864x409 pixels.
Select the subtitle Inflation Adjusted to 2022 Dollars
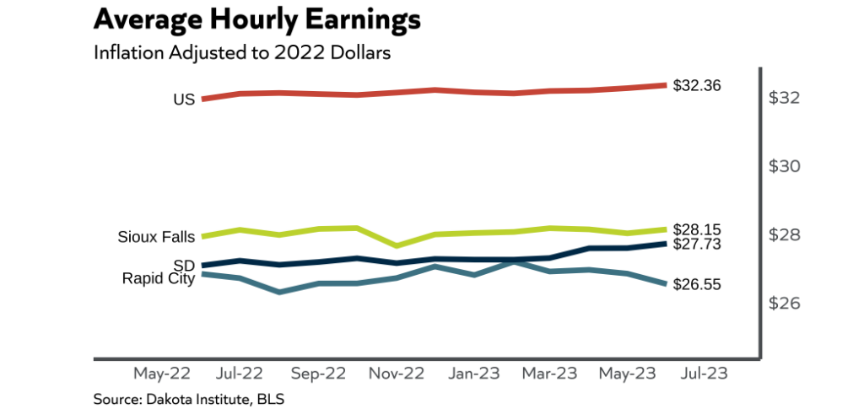tap(243, 52)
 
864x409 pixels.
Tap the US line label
tap(184, 100)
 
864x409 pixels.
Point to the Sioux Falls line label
tap(156, 236)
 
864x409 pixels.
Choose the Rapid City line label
tap(159, 278)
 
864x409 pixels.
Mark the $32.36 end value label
tap(697, 85)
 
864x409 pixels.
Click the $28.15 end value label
tap(697, 229)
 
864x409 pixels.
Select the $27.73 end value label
tap(697, 244)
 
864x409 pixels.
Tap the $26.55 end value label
tap(697, 285)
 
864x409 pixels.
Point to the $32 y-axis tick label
tap(785, 98)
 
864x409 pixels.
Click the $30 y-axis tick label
tap(785, 166)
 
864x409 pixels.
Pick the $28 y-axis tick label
tap(785, 234)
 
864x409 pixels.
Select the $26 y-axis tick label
tap(785, 303)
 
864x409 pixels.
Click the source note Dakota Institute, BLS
tap(189, 397)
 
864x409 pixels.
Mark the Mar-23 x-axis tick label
tap(548, 372)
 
